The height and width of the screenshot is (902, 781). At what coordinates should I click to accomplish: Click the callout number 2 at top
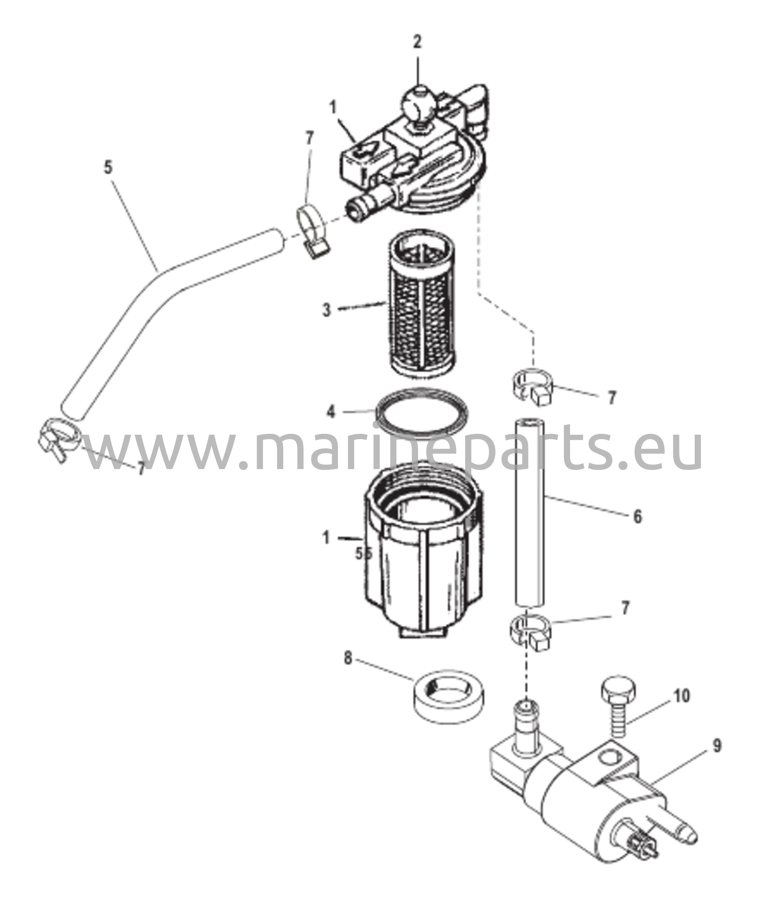click(417, 41)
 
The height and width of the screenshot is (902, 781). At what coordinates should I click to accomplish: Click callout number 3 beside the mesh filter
click(326, 310)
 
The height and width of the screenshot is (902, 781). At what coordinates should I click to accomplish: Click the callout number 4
click(331, 412)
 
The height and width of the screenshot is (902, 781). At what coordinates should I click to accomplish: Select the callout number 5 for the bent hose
click(108, 168)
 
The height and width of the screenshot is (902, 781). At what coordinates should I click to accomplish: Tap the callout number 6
click(637, 516)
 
